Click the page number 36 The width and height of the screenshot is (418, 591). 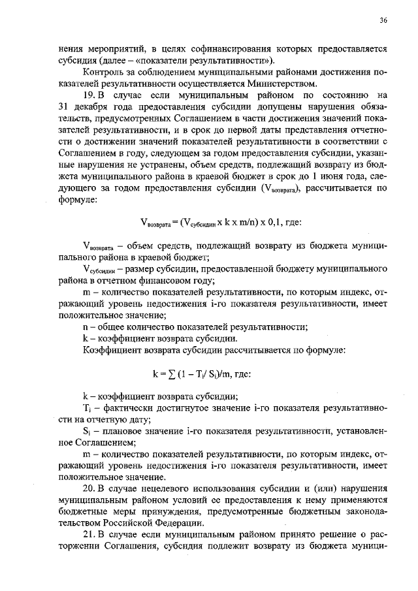click(x=383, y=20)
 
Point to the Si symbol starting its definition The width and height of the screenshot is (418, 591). click(x=88, y=432)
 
